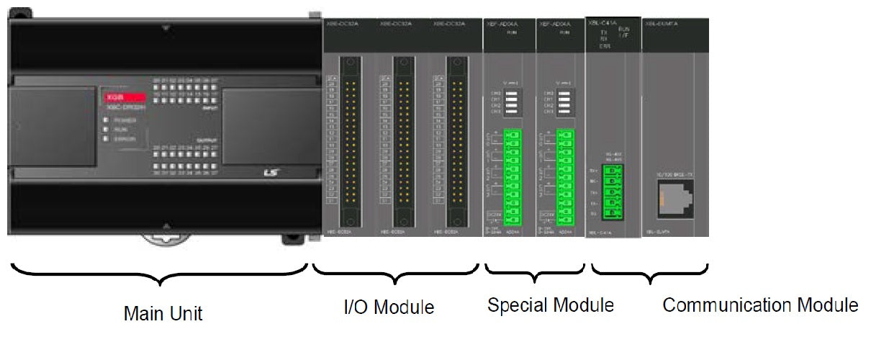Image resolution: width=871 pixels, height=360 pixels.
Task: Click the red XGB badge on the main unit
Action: [126, 96]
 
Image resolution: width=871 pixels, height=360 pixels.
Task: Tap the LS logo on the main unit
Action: [270, 173]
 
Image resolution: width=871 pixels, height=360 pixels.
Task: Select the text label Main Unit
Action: [163, 314]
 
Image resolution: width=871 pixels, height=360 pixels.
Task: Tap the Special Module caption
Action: [551, 305]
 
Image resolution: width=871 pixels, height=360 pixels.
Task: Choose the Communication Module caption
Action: [760, 305]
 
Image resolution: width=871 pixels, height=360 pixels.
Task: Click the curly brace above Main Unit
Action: [160, 274]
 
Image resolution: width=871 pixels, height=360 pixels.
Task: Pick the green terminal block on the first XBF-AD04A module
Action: [513, 177]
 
